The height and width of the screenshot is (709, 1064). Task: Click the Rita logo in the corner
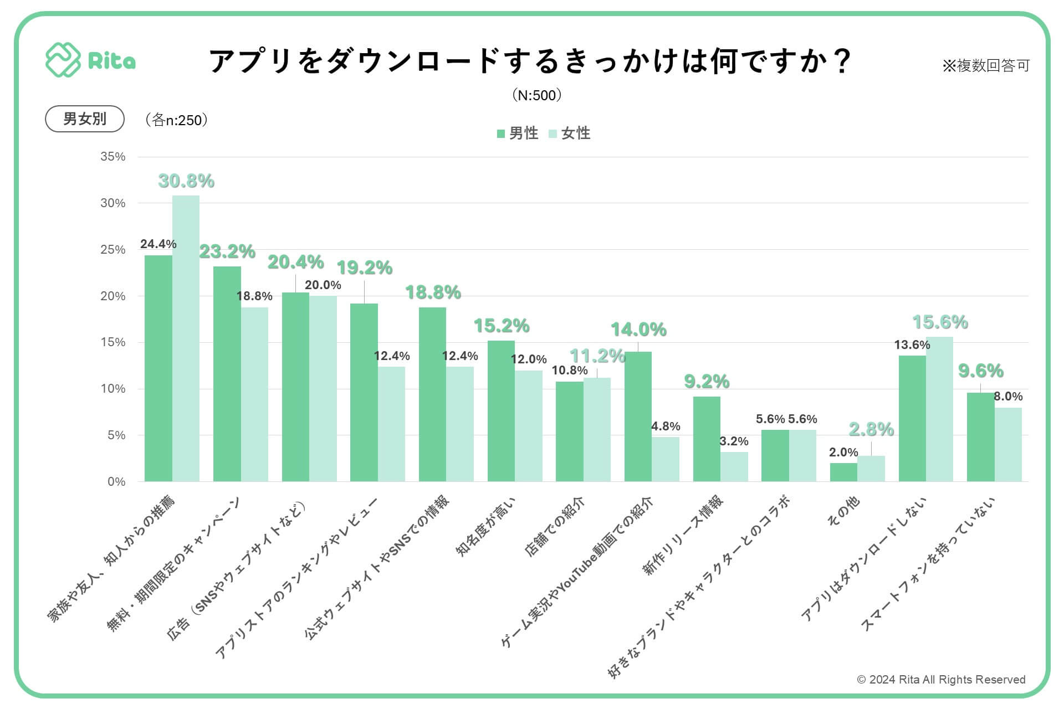tap(90, 60)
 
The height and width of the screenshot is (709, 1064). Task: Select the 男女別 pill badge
tap(84, 119)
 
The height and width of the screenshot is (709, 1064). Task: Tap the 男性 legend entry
tap(518, 133)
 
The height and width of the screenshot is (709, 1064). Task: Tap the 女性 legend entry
tap(570, 133)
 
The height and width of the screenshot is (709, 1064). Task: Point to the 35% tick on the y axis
tap(113, 157)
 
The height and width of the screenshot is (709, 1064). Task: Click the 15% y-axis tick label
tap(113, 342)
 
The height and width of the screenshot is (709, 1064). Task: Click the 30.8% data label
tap(186, 181)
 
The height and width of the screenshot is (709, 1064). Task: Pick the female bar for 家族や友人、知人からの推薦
tap(186, 338)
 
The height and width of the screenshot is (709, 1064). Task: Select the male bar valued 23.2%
tap(227, 374)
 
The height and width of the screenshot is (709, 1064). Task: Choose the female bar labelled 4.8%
tap(665, 459)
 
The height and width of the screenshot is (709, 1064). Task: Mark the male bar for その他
tap(843, 472)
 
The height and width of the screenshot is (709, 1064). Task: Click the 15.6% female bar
tap(939, 409)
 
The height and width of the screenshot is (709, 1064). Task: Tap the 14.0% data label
tap(638, 330)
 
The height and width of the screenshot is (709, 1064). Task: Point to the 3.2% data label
tap(734, 441)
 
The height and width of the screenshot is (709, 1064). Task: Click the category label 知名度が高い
tap(485, 526)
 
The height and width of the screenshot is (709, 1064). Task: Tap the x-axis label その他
tap(843, 511)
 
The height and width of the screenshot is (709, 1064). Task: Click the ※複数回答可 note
tap(986, 66)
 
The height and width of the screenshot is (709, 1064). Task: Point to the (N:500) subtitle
tap(537, 95)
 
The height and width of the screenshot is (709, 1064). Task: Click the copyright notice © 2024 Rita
tap(941, 680)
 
